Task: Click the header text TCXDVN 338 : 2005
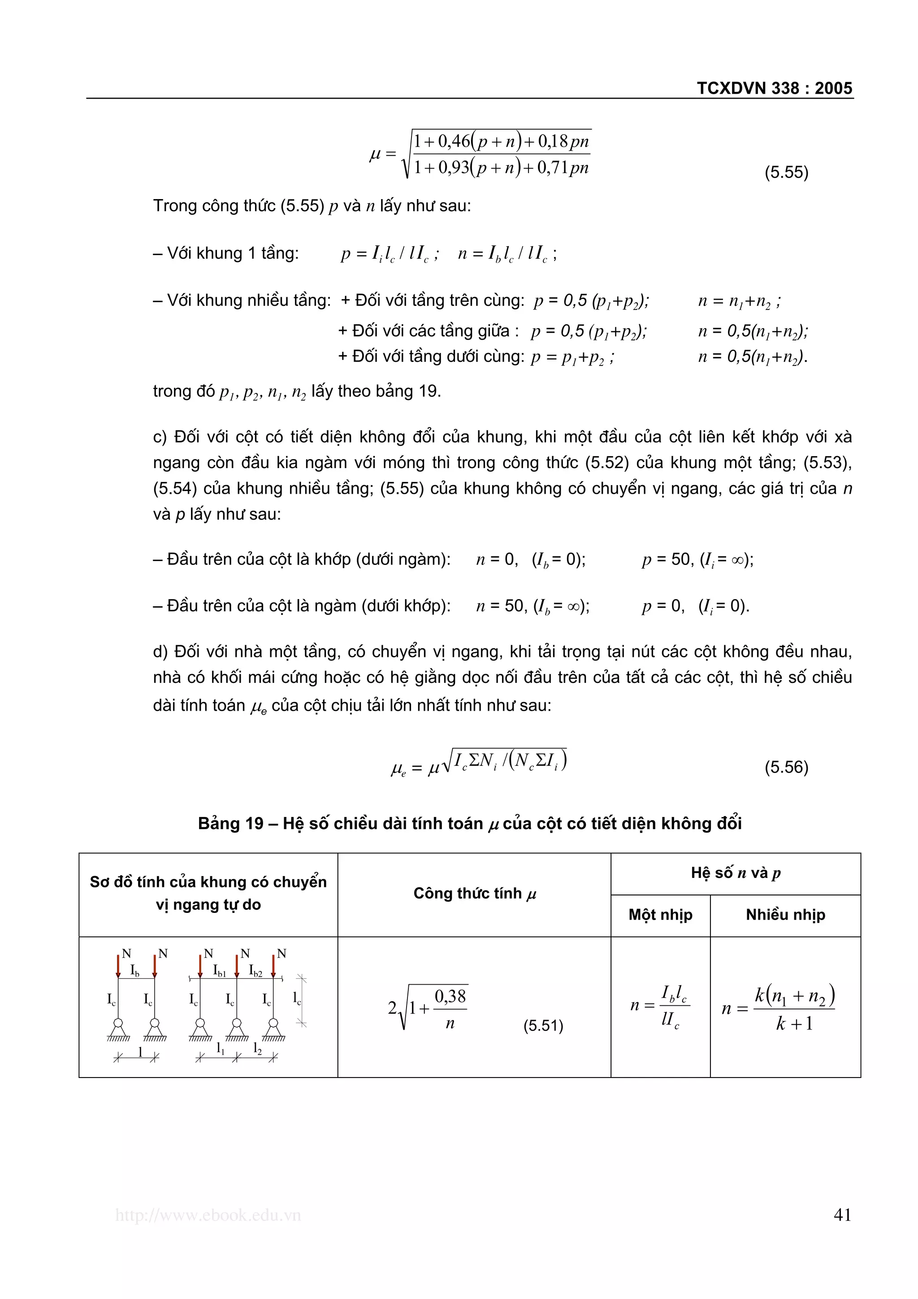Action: pos(774,88)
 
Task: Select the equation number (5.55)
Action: pos(786,172)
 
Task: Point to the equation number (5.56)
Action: pos(786,767)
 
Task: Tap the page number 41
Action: pos(842,1215)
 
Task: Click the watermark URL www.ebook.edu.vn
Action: pos(208,1215)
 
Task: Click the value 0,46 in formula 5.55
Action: pos(454,141)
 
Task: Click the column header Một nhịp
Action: pos(660,915)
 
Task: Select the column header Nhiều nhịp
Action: pos(785,915)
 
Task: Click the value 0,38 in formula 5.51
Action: pos(450,996)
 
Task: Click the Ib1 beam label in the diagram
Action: pos(220,971)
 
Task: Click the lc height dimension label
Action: pos(297,999)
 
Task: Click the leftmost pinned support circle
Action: pos(118,1023)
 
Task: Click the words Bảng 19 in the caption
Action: pos(230,823)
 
